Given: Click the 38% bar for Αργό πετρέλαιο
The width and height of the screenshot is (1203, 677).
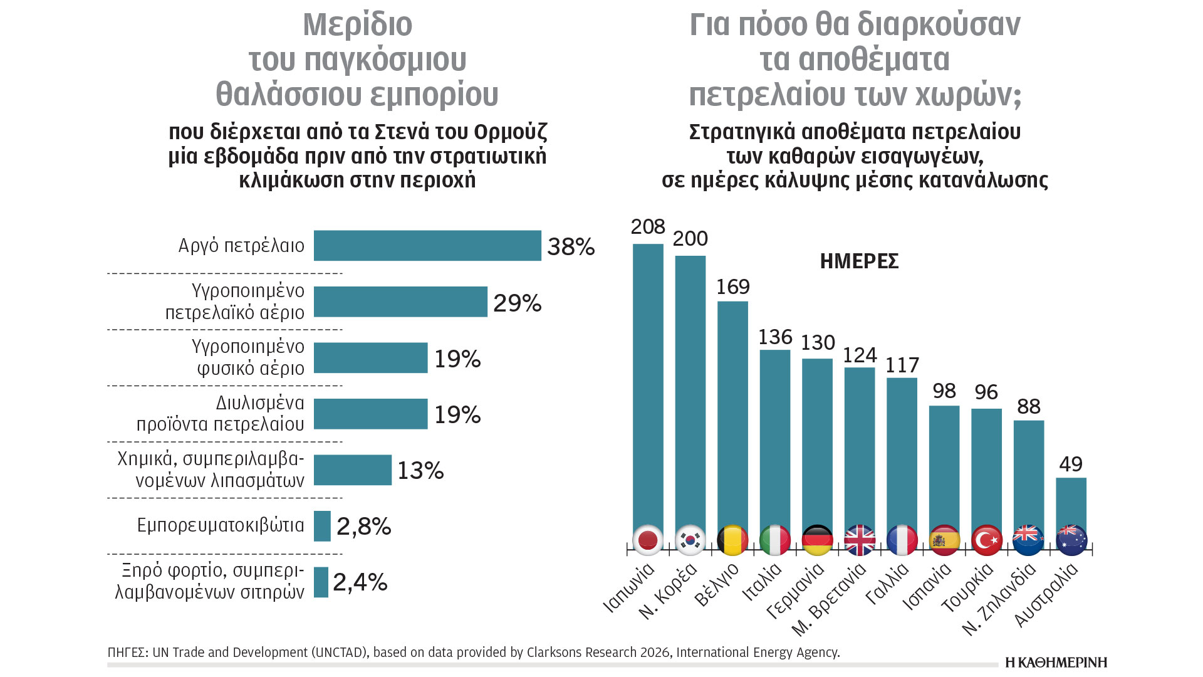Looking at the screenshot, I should click(x=427, y=246).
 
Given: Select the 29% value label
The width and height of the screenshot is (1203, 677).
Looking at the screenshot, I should click(x=517, y=303).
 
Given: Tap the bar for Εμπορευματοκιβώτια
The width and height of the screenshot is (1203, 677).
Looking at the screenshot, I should click(x=322, y=526).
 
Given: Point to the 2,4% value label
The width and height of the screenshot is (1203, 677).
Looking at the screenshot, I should click(x=360, y=582).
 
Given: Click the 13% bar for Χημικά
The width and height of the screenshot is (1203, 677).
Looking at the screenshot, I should click(x=352, y=470).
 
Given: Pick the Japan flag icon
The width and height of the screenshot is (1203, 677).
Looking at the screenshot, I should click(x=648, y=540).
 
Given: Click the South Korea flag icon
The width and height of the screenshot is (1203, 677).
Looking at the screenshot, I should click(x=690, y=540).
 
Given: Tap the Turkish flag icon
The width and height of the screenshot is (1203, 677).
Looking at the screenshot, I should click(x=987, y=540).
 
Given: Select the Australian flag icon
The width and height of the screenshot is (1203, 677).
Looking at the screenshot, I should click(x=1071, y=540).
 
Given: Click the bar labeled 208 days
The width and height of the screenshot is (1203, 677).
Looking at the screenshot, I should click(x=648, y=382).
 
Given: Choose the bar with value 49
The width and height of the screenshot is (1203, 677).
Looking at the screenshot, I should click(x=1071, y=501).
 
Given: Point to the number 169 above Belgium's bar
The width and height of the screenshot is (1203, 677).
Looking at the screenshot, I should click(x=732, y=287).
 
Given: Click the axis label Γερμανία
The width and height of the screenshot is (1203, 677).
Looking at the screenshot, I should click(x=796, y=590).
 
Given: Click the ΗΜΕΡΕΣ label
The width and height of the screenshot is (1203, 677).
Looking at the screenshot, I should click(x=859, y=261).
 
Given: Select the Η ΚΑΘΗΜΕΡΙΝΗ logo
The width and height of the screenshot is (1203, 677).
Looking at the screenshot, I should click(x=1056, y=663).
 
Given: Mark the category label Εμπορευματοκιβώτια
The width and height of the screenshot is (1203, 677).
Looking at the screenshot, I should click(x=221, y=525).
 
